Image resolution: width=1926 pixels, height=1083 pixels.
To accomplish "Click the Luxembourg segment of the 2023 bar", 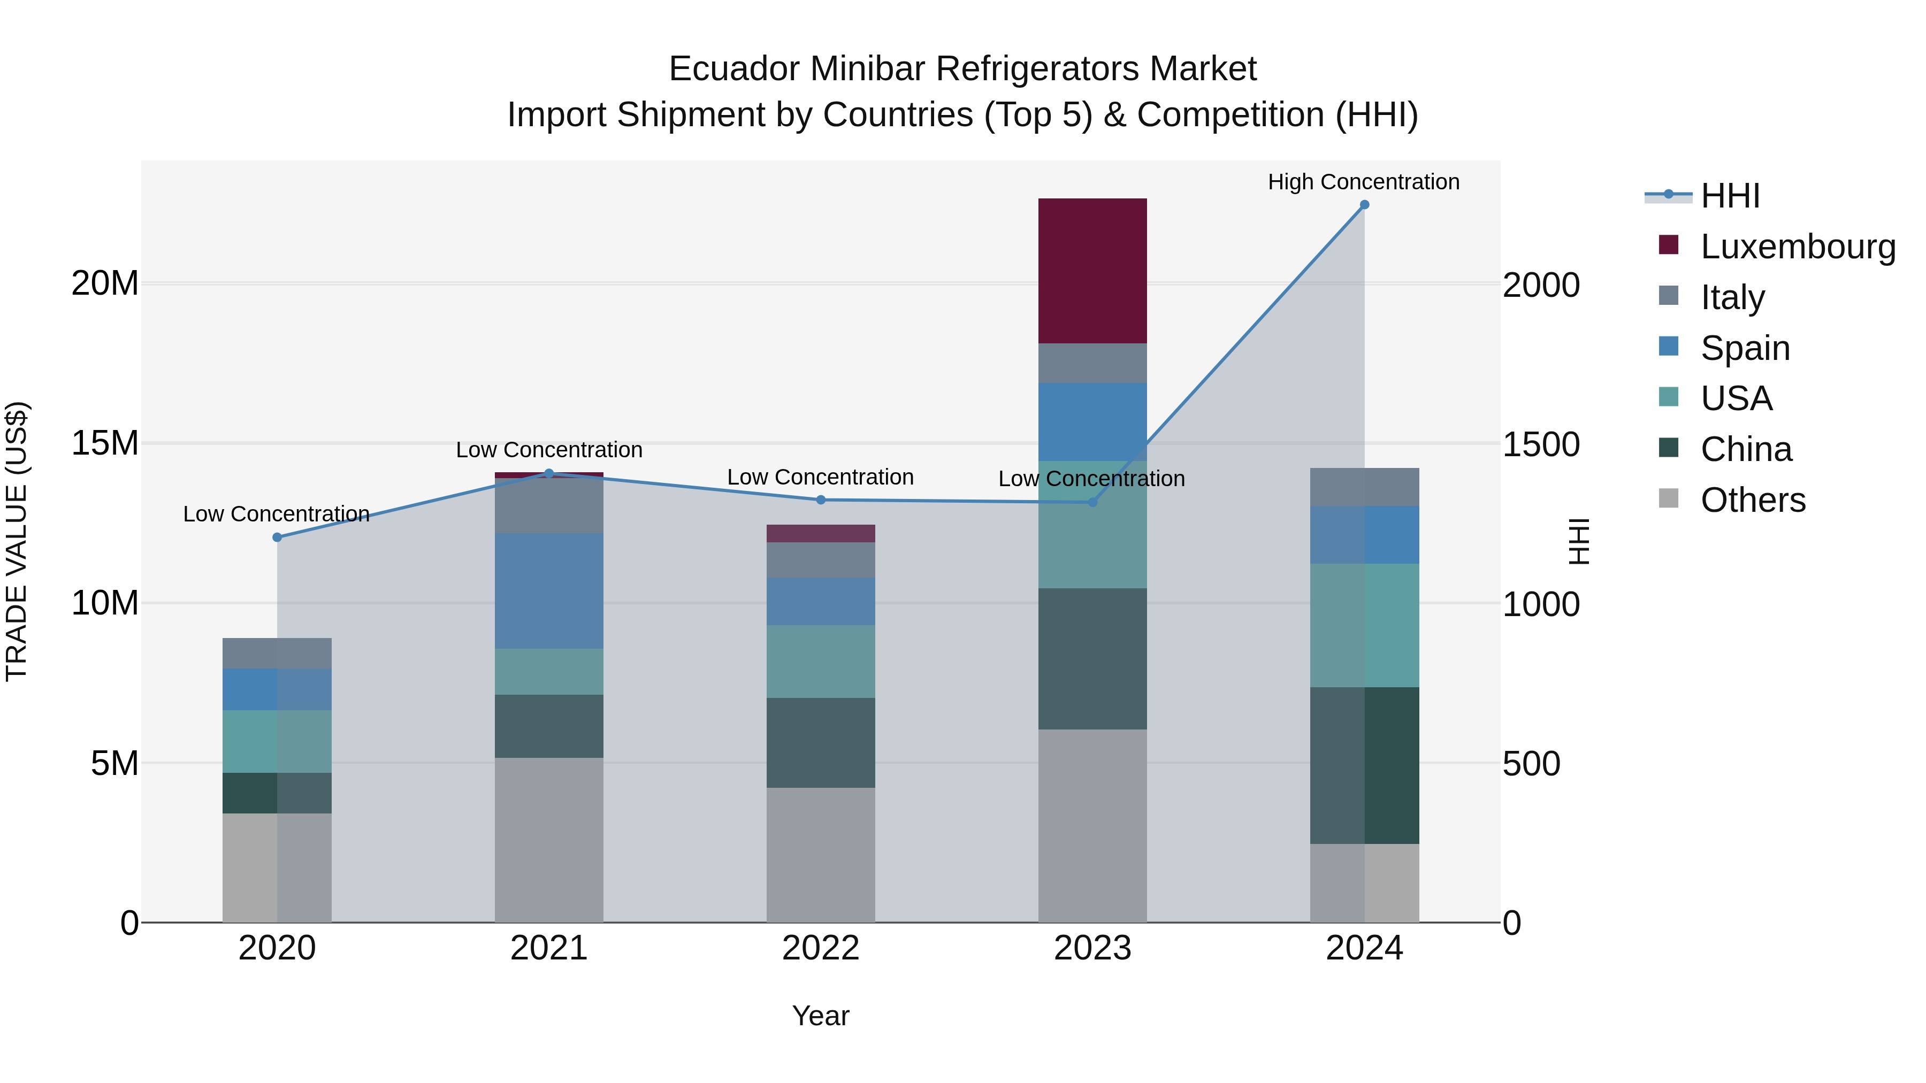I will click(x=1092, y=271).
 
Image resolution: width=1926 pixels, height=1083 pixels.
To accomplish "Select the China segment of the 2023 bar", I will click(x=1092, y=658).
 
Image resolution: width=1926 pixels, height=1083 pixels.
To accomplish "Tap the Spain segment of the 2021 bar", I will click(x=549, y=590).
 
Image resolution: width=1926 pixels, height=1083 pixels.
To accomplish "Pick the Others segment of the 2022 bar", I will click(x=820, y=854).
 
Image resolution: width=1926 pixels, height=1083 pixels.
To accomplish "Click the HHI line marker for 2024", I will click(x=1364, y=205).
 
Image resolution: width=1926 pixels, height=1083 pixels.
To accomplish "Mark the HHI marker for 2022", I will click(x=821, y=500).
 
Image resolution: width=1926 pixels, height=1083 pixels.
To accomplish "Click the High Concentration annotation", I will click(x=1363, y=182).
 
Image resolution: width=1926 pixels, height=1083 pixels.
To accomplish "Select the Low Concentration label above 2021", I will click(x=549, y=450).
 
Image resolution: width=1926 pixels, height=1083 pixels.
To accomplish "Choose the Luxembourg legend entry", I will click(x=1798, y=247).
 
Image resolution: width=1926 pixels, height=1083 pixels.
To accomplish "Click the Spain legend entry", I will click(x=1745, y=348).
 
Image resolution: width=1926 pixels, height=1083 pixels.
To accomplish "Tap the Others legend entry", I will click(x=1753, y=500).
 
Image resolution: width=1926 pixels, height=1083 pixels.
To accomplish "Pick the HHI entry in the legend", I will click(x=1730, y=196).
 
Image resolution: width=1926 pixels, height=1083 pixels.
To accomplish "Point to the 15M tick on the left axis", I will click(x=105, y=444).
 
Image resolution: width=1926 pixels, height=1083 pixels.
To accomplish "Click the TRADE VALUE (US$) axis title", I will click(x=17, y=541).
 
